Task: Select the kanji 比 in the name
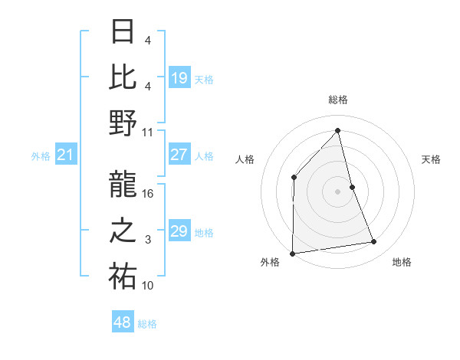123,77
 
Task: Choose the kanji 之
123,231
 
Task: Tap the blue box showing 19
179,77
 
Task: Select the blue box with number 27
179,155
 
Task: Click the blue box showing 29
179,231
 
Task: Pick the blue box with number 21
66,155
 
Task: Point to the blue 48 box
123,322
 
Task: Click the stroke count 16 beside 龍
148,194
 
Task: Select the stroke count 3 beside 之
147,240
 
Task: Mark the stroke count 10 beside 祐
148,286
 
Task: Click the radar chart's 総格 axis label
338,100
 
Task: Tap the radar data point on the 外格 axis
292,253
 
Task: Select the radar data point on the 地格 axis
374,242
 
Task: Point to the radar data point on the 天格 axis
352,186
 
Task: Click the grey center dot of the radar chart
337,191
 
